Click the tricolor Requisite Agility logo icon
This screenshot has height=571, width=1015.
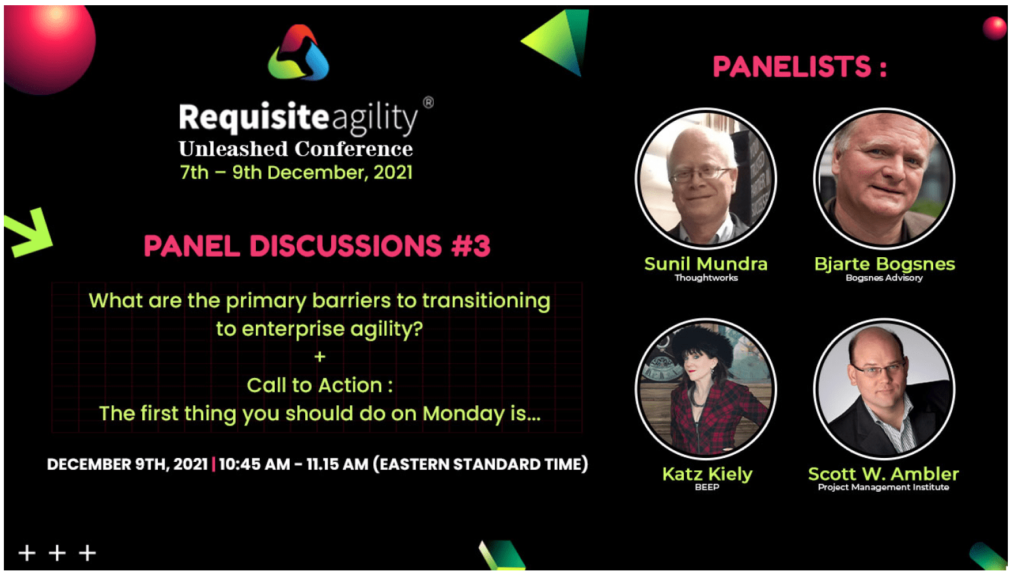[299, 53]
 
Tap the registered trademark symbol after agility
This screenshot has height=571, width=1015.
[428, 103]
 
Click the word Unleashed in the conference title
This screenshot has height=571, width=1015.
[233, 149]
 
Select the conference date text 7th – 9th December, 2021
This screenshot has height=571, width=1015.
[296, 173]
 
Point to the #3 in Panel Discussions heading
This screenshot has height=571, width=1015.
[471, 246]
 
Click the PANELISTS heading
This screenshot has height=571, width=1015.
[799, 67]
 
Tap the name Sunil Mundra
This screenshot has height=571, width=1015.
[706, 264]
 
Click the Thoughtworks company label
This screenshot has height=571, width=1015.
[706, 278]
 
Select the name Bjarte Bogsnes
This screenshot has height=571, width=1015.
[884, 264]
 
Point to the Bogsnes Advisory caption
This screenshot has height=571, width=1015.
[884, 278]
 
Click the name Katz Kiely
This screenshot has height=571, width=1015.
[707, 474]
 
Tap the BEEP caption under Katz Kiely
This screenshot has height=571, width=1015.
[707, 487]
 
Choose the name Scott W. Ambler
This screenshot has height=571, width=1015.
[884, 474]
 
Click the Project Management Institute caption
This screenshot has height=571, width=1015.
[884, 487]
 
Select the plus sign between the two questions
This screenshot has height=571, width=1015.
[320, 357]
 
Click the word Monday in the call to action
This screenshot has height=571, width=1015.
[463, 414]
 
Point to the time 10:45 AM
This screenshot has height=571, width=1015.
[254, 464]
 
